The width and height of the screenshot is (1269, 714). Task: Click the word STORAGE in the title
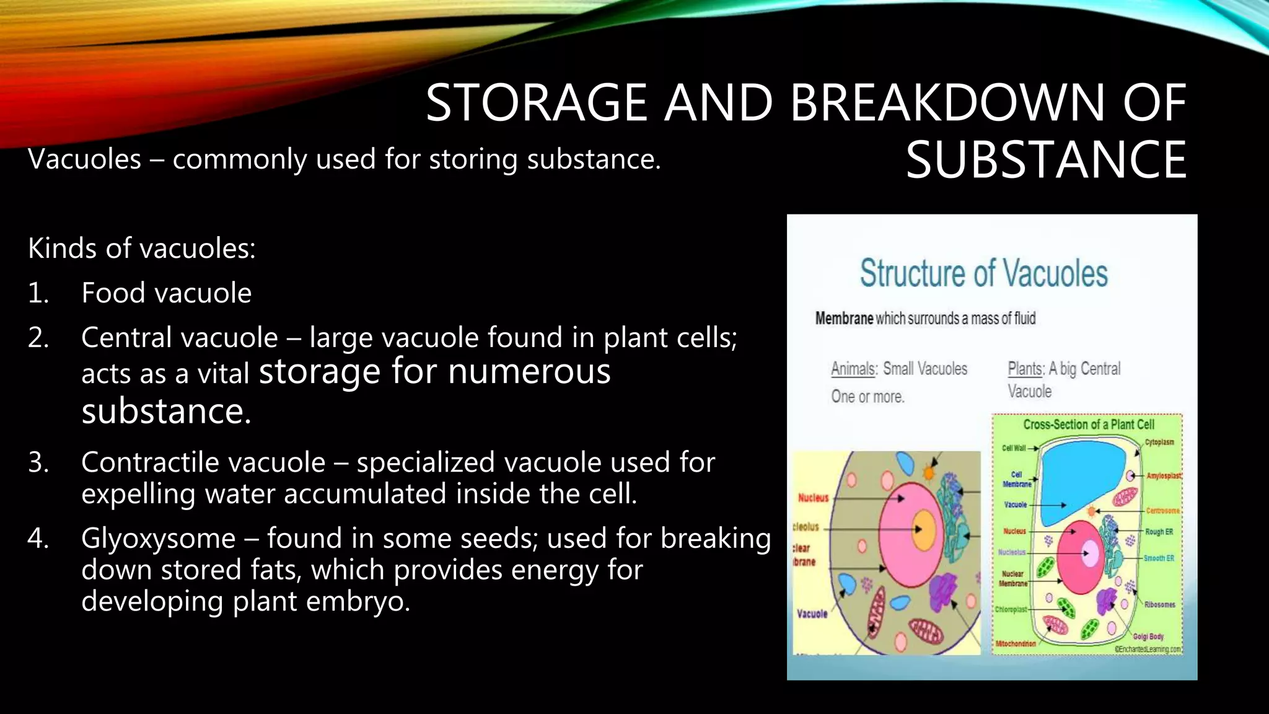click(x=537, y=103)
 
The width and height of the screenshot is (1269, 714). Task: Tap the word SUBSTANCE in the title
click(x=1046, y=160)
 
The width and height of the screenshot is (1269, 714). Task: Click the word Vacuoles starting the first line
click(x=85, y=159)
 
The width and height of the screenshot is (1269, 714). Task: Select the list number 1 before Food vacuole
click(x=38, y=293)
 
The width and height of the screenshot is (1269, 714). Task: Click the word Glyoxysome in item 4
click(x=158, y=538)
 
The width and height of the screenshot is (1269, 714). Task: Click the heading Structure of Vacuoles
click(x=983, y=273)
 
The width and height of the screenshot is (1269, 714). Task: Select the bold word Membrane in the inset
click(x=843, y=319)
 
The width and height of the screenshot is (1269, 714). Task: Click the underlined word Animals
click(x=853, y=369)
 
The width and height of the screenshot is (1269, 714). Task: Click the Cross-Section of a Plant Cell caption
click(x=1089, y=425)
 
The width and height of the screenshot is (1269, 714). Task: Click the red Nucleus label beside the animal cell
click(x=813, y=498)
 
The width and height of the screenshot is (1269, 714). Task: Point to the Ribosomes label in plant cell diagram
click(x=1159, y=604)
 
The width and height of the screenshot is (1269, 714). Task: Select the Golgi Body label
click(x=1148, y=637)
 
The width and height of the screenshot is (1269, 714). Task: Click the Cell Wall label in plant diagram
click(x=1014, y=448)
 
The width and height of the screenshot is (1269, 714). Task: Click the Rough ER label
click(x=1159, y=532)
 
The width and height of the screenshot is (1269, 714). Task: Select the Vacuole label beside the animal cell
click(x=812, y=614)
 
